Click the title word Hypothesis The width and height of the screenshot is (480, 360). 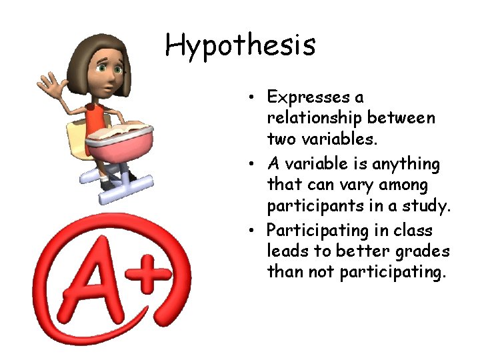point(240,46)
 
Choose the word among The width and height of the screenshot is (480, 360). point(404,184)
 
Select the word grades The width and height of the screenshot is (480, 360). point(426,251)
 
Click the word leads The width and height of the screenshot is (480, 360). point(285,251)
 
